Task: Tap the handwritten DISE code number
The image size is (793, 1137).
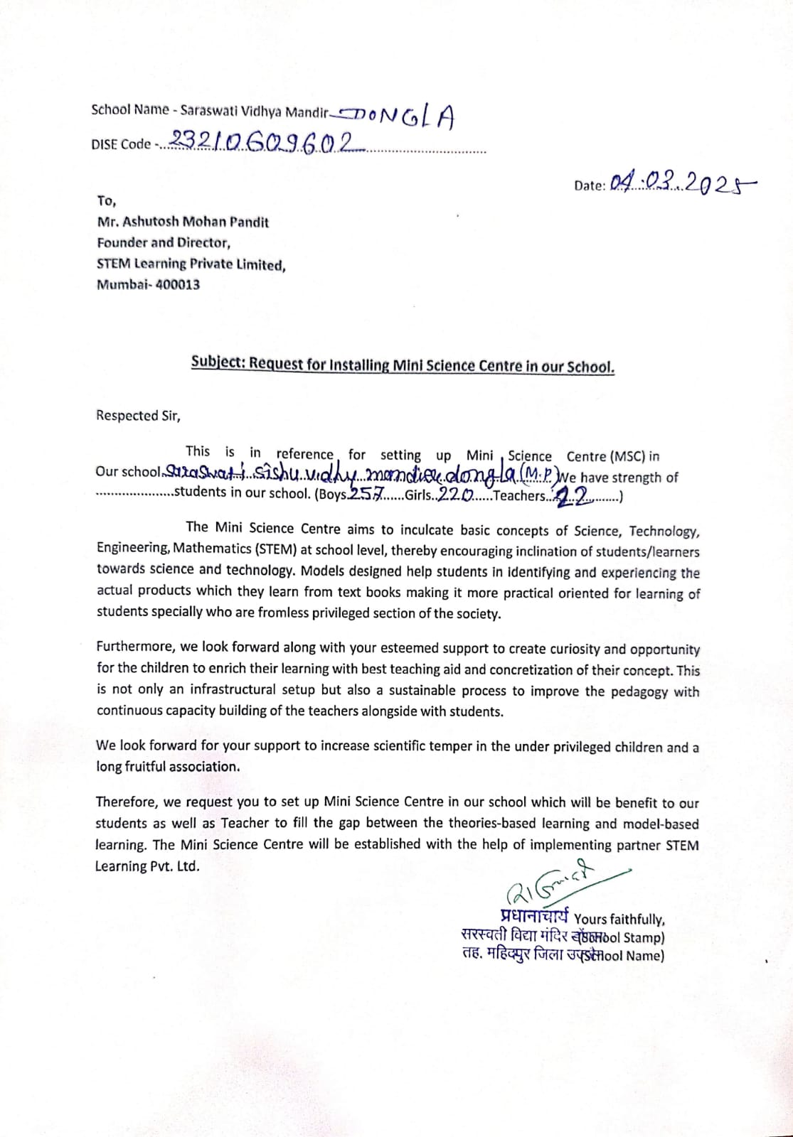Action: (x=263, y=142)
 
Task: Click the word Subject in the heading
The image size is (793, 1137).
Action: (x=218, y=362)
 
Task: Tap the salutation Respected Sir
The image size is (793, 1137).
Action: (x=138, y=416)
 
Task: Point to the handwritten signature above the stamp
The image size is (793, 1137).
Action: (x=555, y=883)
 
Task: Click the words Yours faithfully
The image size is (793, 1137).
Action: (x=619, y=920)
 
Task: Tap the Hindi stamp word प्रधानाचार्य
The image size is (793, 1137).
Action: (x=533, y=917)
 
